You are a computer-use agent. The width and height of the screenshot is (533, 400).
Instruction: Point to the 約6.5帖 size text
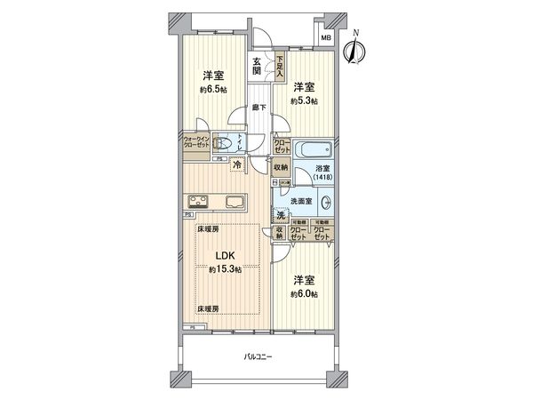click(211, 90)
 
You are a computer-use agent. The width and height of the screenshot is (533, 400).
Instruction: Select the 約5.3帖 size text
click(304, 101)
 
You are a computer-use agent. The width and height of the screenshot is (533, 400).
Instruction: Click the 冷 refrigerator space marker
click(237, 164)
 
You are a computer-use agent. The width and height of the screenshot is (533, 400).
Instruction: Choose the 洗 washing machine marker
click(280, 216)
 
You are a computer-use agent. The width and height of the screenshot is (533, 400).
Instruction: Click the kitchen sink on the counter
click(235, 201)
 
